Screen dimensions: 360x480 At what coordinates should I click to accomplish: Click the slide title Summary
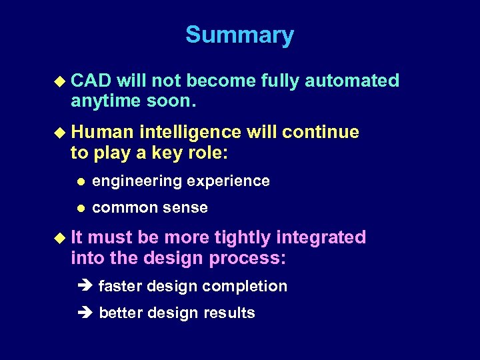pos(239,35)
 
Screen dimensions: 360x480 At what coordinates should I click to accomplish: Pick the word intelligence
pos(191,132)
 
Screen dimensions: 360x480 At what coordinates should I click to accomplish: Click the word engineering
pos(139,181)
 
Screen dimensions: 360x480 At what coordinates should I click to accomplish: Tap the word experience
pos(230,181)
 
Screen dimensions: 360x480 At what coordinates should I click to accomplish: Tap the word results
pos(229,313)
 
